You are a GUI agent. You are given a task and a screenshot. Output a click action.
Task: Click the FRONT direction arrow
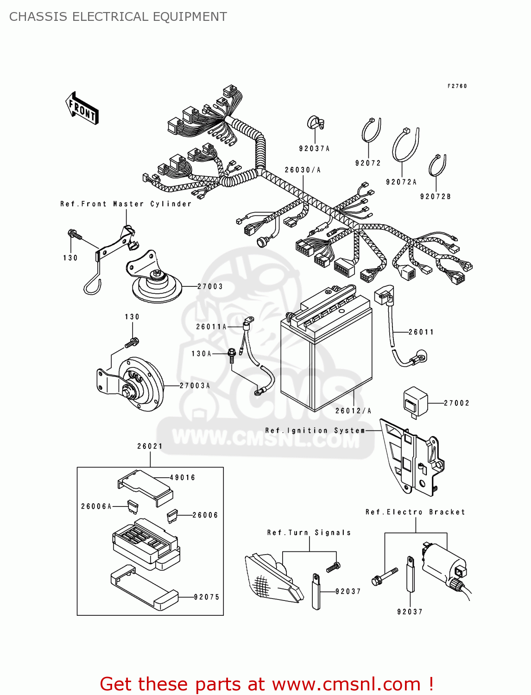(82, 108)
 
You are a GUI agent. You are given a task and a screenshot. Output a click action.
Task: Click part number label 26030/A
(303, 170)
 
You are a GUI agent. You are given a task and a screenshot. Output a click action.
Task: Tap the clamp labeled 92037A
(315, 123)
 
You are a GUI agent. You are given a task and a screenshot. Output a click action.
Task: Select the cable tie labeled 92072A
(405, 145)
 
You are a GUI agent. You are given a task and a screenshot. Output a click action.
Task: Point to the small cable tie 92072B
(437, 165)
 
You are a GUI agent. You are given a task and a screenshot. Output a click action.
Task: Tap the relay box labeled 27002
(415, 401)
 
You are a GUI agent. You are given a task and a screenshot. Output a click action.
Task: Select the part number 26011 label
(421, 332)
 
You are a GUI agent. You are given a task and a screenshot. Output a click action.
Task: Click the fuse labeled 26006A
(132, 507)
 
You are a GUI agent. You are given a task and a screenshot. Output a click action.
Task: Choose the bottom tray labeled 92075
(145, 587)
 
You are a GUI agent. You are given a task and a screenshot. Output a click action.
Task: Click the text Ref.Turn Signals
(309, 533)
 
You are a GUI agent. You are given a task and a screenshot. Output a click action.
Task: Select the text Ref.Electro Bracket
(415, 512)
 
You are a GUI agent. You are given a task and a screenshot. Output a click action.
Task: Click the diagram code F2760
(457, 86)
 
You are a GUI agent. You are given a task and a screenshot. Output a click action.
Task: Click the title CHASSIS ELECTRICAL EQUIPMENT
(118, 17)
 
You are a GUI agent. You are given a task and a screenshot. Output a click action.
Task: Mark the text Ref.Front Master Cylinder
(126, 204)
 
